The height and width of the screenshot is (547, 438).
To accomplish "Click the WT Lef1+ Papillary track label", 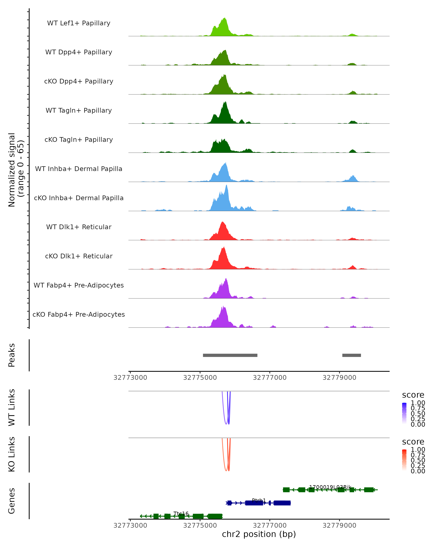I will click(79, 23).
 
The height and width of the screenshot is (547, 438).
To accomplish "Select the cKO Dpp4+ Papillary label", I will click(79, 81).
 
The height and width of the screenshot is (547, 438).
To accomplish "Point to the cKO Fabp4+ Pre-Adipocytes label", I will click(79, 314).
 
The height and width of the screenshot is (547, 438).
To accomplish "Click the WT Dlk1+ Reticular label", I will click(79, 227).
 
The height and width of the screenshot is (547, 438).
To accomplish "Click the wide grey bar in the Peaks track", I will click(230, 355).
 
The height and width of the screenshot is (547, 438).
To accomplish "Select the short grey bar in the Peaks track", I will click(351, 355).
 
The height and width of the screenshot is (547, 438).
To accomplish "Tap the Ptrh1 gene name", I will click(259, 500).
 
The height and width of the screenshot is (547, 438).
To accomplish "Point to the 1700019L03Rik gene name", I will click(330, 487).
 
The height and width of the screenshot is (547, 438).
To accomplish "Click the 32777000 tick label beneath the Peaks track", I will click(270, 378).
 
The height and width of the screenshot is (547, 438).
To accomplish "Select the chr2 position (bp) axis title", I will click(259, 534).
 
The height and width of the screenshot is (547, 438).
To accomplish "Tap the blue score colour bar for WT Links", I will click(404, 413).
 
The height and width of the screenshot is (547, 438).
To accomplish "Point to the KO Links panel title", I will click(12, 454).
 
